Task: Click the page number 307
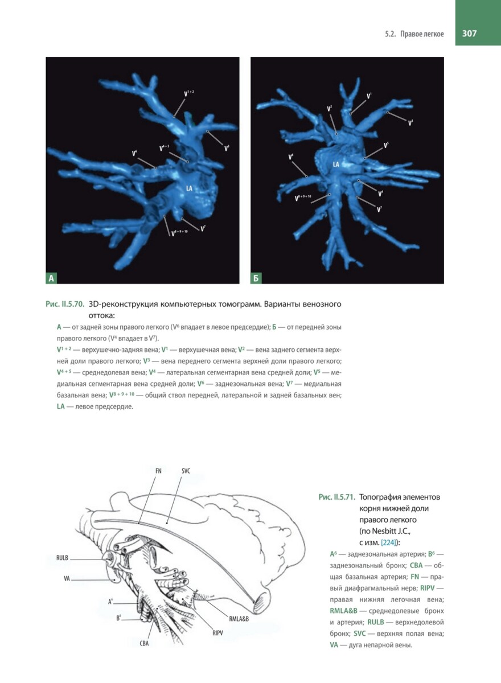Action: pyautogui.click(x=469, y=34)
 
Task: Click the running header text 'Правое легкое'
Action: pyautogui.click(x=422, y=34)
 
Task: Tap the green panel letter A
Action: pyautogui.click(x=51, y=278)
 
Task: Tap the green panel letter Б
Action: pyautogui.click(x=256, y=278)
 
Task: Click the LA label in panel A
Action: pyautogui.click(x=188, y=187)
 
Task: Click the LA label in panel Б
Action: pyautogui.click(x=336, y=164)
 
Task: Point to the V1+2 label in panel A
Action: pyautogui.click(x=189, y=92)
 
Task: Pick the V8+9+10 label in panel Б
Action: pyautogui.click(x=303, y=198)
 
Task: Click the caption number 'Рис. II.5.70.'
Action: pyautogui.click(x=65, y=305)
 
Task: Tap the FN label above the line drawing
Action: pyautogui.click(x=158, y=471)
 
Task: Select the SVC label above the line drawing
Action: pyautogui.click(x=186, y=471)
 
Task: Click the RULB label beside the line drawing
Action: pyautogui.click(x=63, y=558)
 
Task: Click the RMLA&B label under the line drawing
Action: pyautogui.click(x=239, y=619)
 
